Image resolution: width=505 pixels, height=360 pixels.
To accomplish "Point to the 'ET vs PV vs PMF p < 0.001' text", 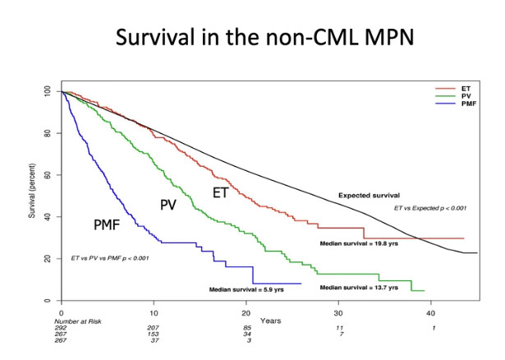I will click(x=108, y=259).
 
